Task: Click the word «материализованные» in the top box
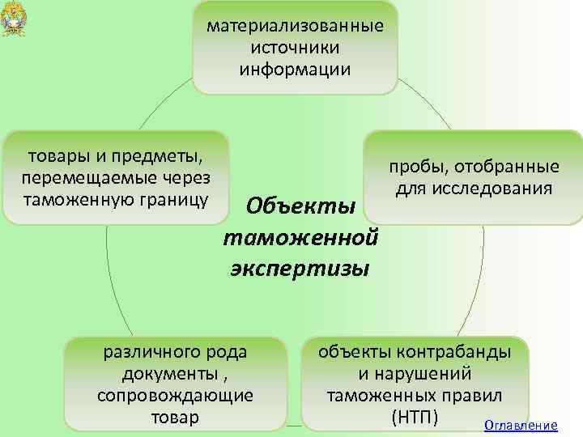pyautogui.click(x=295, y=27)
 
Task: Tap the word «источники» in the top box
pyautogui.click(x=295, y=48)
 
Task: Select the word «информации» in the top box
pyautogui.click(x=295, y=69)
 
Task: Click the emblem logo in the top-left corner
pyautogui.click(x=14, y=18)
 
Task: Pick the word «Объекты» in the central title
pyautogui.click(x=301, y=206)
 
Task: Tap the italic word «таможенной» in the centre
pyautogui.click(x=301, y=237)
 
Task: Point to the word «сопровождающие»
pyautogui.click(x=175, y=396)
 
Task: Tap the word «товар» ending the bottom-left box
pyautogui.click(x=175, y=418)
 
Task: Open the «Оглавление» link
pyautogui.click(x=520, y=426)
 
